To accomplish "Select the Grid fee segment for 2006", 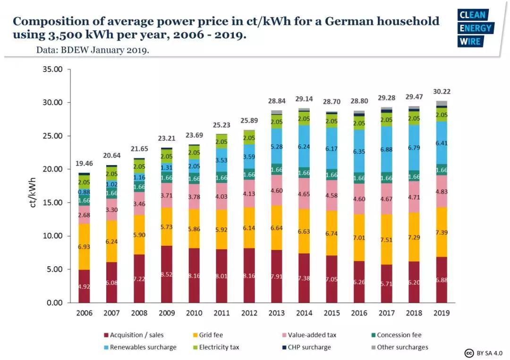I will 85,247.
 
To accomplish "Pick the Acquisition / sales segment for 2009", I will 167,274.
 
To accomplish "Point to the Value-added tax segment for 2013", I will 277,190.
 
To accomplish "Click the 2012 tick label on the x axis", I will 249,313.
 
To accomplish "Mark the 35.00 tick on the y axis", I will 52,69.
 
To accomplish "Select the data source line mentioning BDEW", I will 93,50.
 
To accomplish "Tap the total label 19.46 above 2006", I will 85,164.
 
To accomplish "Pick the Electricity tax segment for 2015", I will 331,121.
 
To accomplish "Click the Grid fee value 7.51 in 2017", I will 387,239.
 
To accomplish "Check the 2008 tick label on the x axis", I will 139,313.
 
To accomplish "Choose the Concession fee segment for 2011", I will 222,178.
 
